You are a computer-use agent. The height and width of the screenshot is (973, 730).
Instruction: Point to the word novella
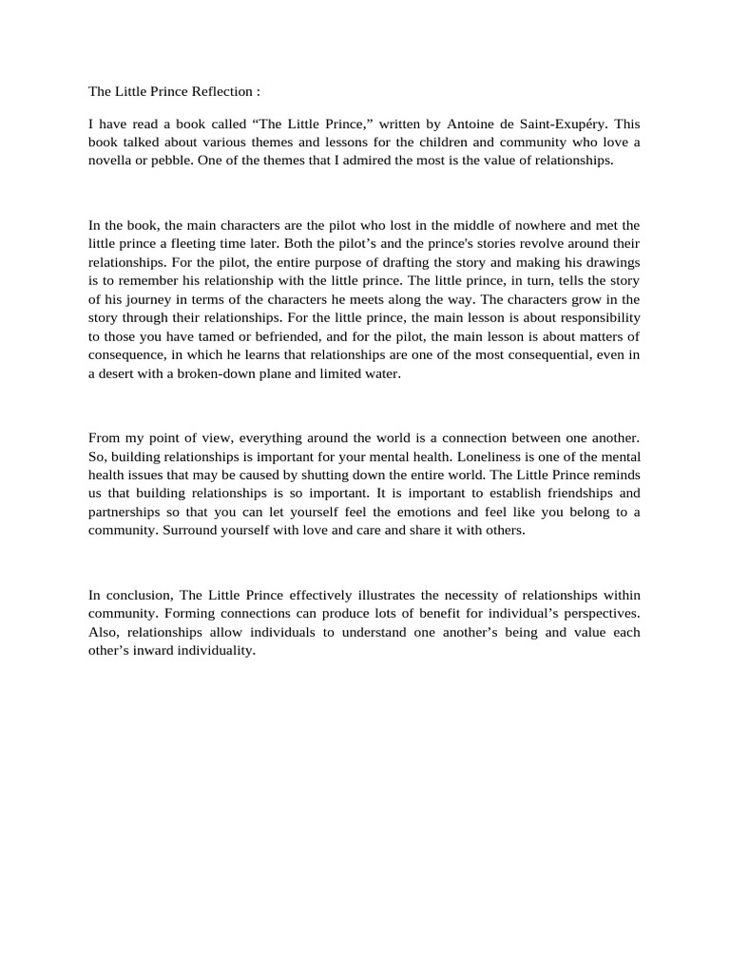coord(111,161)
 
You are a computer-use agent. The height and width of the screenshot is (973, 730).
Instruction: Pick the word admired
coord(336,161)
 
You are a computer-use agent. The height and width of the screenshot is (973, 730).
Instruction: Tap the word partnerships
coord(125,512)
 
